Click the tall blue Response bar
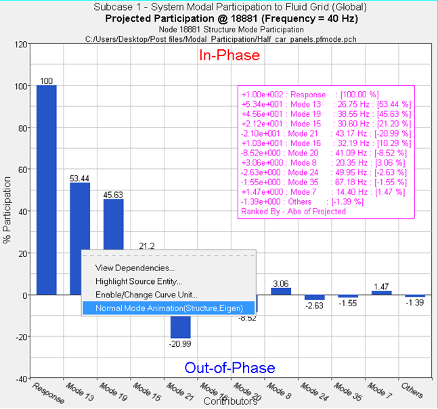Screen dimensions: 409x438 point(46,189)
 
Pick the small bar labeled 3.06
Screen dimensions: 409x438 point(280,291)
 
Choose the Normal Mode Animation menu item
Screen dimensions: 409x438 point(168,308)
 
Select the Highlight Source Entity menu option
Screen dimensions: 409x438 point(139,281)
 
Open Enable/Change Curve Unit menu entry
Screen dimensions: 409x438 point(146,295)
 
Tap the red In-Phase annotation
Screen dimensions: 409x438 point(229,56)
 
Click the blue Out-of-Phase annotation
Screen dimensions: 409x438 point(230,368)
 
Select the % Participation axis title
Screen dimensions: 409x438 point(7,211)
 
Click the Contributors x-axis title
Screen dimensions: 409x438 point(230,402)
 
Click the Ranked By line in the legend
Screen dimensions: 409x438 point(293,212)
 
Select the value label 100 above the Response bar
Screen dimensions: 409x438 point(46,81)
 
